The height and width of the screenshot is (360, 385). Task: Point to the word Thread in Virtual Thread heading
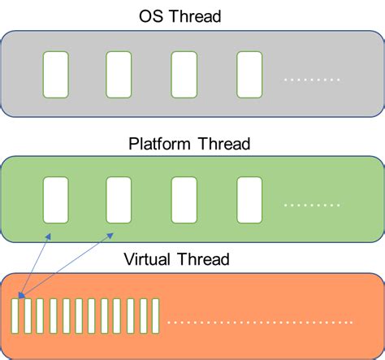205,260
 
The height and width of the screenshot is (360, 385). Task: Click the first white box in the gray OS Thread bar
55,74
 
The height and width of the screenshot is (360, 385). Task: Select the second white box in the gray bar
119,74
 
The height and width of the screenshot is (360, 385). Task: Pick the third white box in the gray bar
184,74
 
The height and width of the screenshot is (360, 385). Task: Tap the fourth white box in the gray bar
249,74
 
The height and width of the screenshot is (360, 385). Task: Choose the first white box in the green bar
55,200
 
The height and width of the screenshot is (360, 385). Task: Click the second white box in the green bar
119,200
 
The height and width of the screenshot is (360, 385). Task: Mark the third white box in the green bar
184,200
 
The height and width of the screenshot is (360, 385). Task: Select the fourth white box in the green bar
249,200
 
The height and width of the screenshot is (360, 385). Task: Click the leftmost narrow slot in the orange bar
15,316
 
